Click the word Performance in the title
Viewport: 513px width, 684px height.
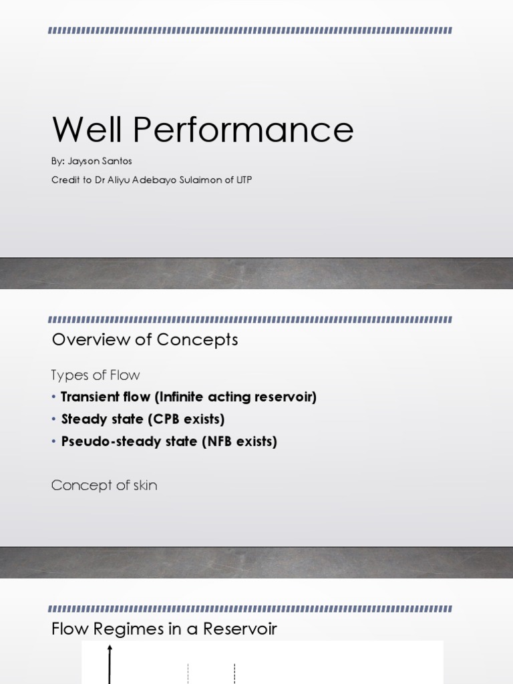(243, 130)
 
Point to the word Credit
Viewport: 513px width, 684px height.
(64, 180)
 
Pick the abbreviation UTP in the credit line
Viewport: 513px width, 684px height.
(243, 180)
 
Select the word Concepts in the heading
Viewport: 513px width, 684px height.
(197, 340)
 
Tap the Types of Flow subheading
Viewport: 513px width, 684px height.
(96, 375)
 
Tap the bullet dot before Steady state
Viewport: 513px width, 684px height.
(54, 419)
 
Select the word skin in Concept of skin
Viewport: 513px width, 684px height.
(144, 486)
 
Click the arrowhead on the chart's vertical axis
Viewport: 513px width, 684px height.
(110, 647)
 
